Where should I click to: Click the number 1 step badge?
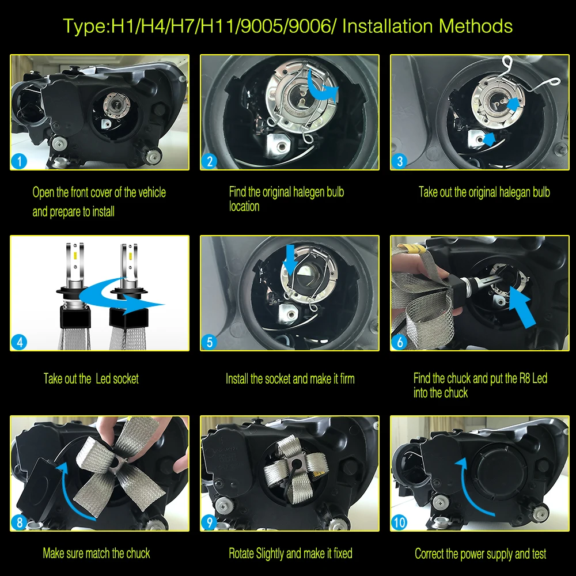click(19, 161)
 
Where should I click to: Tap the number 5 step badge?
click(210, 342)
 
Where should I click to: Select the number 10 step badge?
click(399, 522)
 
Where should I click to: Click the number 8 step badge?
click(19, 522)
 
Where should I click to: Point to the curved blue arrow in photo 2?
click(320, 88)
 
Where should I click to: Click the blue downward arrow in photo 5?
click(290, 260)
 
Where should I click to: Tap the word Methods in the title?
click(476, 26)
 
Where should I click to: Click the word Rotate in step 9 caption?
click(241, 553)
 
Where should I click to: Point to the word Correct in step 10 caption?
click(429, 554)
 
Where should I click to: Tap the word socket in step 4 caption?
click(126, 379)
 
